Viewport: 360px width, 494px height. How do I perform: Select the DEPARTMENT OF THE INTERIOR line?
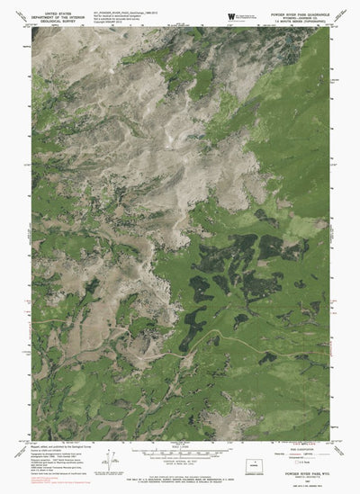click(55, 18)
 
